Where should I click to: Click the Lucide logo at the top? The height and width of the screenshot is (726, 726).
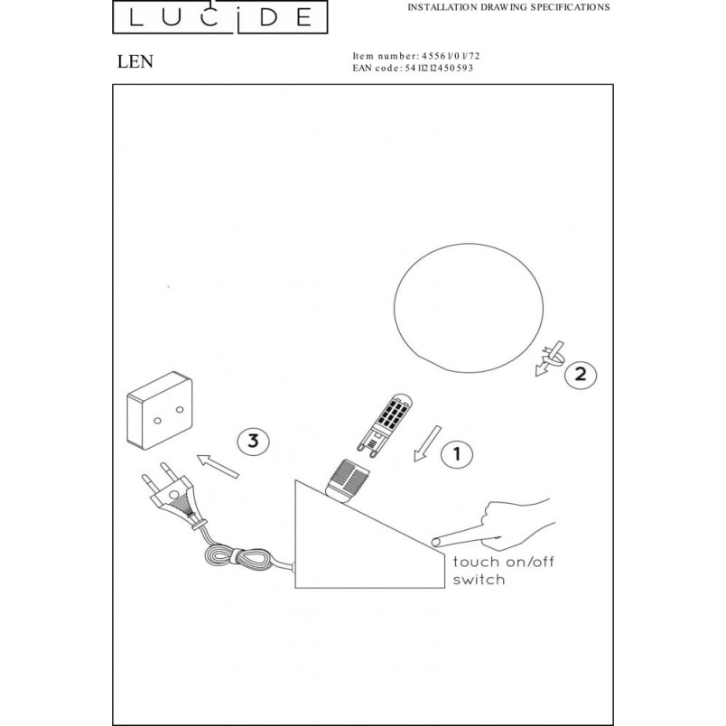220,16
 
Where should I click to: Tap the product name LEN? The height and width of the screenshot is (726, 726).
135,61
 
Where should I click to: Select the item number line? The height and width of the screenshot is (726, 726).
416,56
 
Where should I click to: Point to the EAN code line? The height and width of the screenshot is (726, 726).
413,68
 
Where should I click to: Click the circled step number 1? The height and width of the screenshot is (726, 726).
457,453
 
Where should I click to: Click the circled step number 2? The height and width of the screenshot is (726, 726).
581,374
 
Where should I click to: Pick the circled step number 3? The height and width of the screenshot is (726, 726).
253,441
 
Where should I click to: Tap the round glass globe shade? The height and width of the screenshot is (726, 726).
469,308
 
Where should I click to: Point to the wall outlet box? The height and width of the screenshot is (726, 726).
160,410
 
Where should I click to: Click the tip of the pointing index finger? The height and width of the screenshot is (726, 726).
433,542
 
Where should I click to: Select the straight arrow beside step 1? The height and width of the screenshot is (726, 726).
427,443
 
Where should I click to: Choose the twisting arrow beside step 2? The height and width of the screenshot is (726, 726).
550,358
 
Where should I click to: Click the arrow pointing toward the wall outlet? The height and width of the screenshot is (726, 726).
218,466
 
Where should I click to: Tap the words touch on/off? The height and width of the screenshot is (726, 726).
503,562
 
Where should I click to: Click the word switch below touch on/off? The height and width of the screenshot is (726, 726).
479,580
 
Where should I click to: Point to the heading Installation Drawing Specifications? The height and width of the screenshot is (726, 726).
508,7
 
